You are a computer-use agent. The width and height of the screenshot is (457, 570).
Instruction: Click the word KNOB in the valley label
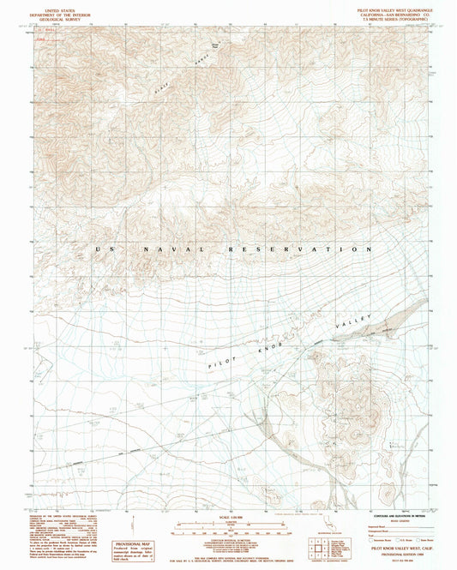285,344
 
